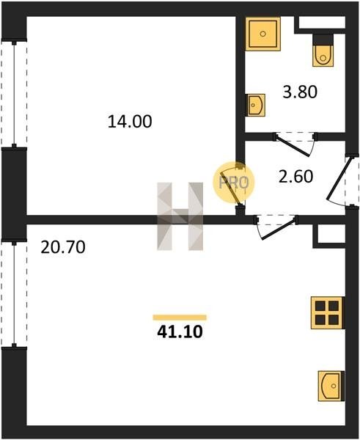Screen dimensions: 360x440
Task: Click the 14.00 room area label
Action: [130, 122]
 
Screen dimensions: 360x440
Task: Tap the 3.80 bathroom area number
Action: [300, 92]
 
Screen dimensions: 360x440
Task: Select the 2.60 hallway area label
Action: [295, 177]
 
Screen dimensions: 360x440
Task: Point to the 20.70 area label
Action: [63, 247]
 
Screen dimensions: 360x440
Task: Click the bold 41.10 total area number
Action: [180, 331]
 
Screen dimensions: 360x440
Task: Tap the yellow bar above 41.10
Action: [180, 318]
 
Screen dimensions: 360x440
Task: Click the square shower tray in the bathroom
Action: [263, 34]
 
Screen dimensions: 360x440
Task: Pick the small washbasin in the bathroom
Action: [255, 105]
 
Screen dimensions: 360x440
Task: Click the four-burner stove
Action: [328, 312]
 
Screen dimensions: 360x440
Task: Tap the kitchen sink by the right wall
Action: [331, 386]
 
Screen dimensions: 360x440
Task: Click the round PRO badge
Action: [233, 183]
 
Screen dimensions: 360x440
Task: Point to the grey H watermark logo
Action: [180, 216]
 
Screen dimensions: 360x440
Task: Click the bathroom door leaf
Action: [293, 146]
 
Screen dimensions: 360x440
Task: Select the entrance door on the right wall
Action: [339, 178]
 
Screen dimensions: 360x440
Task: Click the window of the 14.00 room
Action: [14, 95]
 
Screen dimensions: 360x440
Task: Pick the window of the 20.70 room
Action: [14, 294]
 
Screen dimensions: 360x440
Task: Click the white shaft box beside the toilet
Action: [322, 22]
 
